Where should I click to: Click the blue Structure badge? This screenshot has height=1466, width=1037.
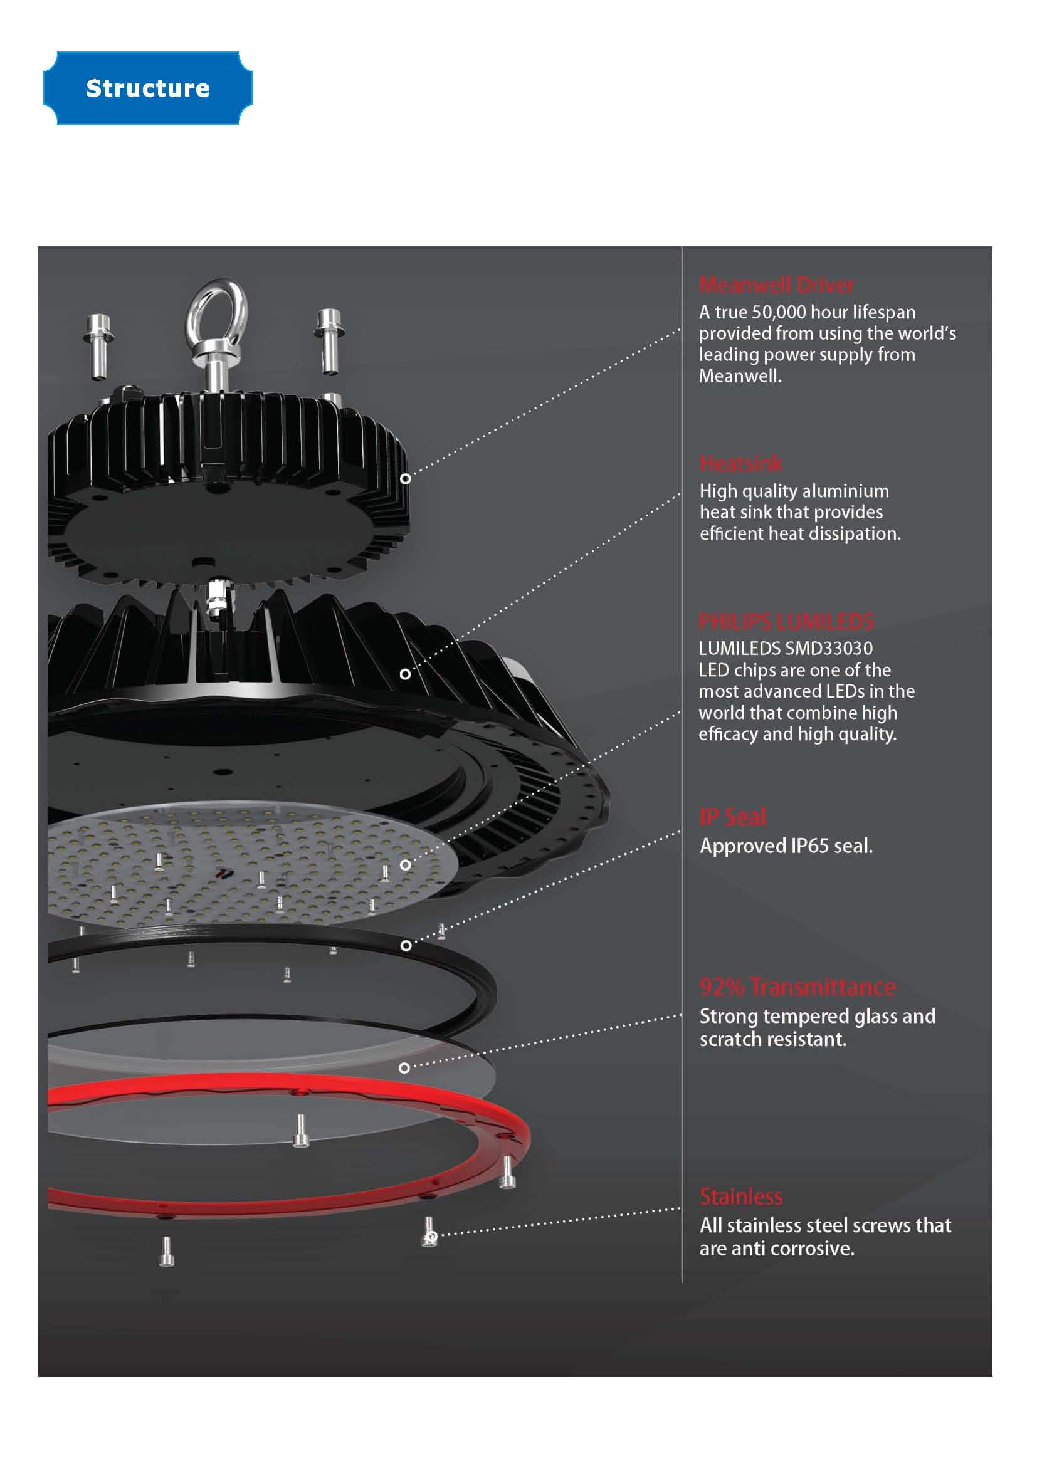click(147, 88)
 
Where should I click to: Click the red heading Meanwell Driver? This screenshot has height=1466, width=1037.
click(776, 284)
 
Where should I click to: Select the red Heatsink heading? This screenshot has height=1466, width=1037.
click(740, 463)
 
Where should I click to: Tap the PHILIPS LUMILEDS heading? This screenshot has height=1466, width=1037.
click(786, 620)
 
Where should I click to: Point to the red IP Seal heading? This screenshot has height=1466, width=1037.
click(732, 816)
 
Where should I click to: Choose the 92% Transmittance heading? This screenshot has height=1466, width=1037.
click(797, 987)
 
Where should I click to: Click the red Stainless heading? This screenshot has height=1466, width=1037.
click(740, 1196)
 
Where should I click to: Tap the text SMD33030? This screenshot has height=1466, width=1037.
click(829, 648)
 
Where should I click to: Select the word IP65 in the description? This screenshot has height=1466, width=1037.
click(809, 846)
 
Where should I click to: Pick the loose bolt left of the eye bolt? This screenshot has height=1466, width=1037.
click(99, 347)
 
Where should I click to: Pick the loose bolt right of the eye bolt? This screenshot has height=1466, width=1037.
click(329, 342)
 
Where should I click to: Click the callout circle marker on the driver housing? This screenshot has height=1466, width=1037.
click(406, 478)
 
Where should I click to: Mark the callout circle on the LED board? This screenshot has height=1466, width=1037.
click(406, 864)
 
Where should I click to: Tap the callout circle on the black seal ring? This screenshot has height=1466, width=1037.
click(406, 946)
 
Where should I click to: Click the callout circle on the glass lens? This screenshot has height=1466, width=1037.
click(404, 1067)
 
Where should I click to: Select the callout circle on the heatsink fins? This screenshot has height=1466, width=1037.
click(405, 674)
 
